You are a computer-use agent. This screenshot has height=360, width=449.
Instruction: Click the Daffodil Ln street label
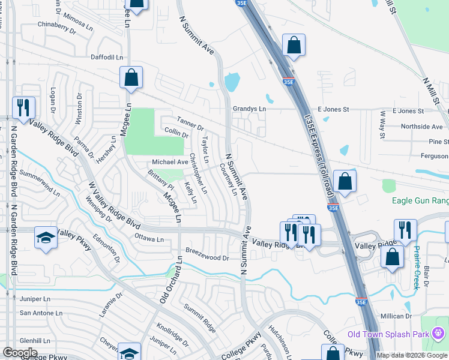point(107,57)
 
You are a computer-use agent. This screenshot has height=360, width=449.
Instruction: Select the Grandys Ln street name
point(249,109)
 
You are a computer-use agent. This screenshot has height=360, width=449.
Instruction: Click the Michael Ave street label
point(170,162)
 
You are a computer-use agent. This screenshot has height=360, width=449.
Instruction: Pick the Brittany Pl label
point(160,181)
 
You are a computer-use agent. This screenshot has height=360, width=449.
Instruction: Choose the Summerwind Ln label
point(40,183)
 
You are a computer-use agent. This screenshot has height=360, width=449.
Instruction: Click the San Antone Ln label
point(41,313)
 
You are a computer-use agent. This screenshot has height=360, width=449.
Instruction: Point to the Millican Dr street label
point(396,316)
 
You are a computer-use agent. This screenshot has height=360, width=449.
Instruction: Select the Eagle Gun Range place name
point(420,201)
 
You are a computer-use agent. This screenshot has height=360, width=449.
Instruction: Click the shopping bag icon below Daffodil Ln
point(130,78)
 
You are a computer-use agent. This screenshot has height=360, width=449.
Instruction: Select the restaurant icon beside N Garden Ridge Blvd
point(23,108)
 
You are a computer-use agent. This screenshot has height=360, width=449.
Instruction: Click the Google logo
point(20,352)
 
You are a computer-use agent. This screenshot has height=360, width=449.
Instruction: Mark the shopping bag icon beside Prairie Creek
point(392,257)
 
